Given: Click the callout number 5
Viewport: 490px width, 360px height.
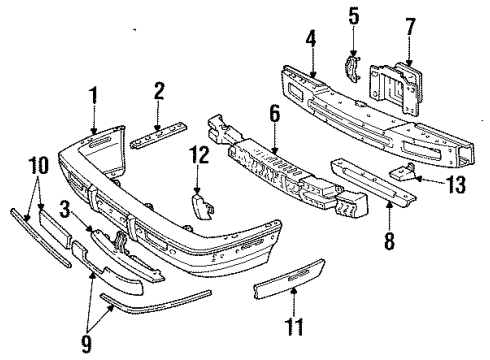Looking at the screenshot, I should [x=352, y=17].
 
